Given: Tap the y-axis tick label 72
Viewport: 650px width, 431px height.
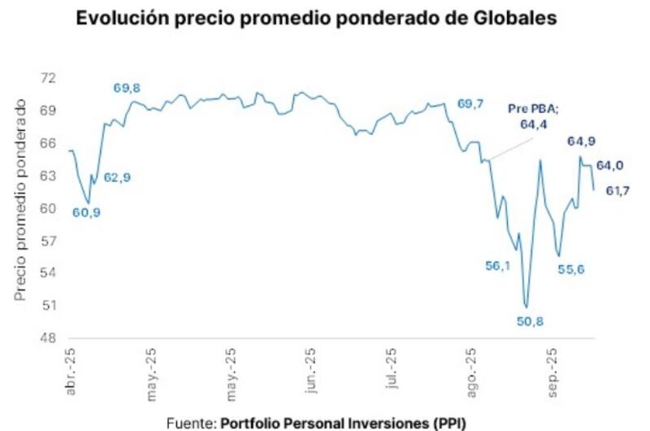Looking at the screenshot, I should [x=50, y=78].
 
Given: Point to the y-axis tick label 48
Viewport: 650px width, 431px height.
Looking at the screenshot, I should [x=50, y=338].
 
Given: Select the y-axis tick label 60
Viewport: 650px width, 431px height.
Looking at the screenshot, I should [x=50, y=208].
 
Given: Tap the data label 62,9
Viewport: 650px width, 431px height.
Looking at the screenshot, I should [x=118, y=176].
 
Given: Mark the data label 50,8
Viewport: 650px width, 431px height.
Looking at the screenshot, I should [x=530, y=321].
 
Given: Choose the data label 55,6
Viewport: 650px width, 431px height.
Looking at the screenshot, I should [x=571, y=269].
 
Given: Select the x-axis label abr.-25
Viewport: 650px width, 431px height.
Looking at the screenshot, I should [x=72, y=379].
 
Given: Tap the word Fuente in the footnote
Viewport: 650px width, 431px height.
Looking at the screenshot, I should [x=190, y=422].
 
